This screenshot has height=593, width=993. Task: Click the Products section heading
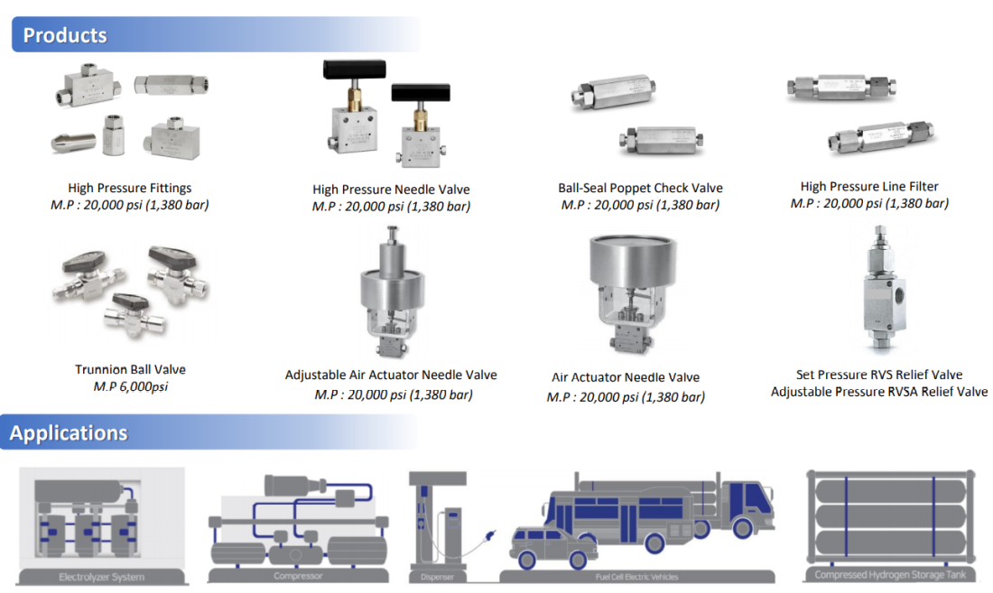65,36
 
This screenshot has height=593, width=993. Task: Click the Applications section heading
69,433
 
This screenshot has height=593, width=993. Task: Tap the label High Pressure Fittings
130,188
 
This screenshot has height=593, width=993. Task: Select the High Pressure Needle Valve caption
391,190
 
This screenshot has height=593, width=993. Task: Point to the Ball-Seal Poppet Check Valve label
640,188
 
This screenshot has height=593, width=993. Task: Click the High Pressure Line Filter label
869,186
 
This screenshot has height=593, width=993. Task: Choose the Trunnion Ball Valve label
130,369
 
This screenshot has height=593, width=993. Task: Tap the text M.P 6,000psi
130,386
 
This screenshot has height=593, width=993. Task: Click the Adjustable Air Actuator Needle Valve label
391,375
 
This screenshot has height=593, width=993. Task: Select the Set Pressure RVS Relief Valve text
878,375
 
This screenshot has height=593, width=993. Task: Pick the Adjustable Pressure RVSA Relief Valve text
878,392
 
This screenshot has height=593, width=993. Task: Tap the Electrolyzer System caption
101,577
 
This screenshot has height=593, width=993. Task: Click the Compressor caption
298,576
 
